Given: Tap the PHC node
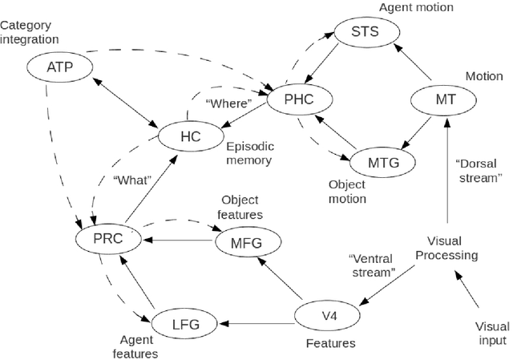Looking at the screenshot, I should (x=297, y=100).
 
